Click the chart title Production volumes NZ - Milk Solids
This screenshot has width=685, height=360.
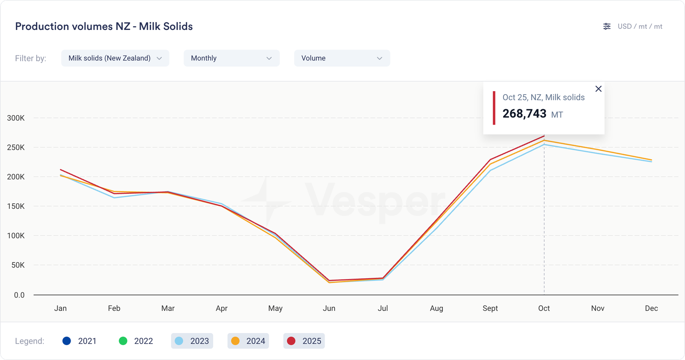[104, 27]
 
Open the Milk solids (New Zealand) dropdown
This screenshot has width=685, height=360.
[115, 58]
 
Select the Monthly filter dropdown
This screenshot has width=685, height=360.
[231, 58]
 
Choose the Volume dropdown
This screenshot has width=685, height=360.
[342, 58]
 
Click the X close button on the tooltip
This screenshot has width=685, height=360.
[599, 89]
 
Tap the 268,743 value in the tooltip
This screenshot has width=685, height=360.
[524, 114]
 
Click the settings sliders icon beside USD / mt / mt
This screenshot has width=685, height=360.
[607, 27]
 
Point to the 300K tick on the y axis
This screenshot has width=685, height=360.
[16, 118]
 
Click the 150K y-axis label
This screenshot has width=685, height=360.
[16, 206]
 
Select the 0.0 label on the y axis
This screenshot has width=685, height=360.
[19, 295]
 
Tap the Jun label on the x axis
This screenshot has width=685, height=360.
[329, 308]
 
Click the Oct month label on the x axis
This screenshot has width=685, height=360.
[544, 308]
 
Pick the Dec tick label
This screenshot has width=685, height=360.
[651, 308]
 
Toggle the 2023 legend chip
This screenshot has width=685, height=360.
[192, 341]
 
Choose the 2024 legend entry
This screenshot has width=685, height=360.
[248, 341]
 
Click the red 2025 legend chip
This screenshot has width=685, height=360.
[304, 341]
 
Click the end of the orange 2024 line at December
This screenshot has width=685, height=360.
[651, 160]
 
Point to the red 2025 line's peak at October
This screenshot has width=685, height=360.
[544, 136]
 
